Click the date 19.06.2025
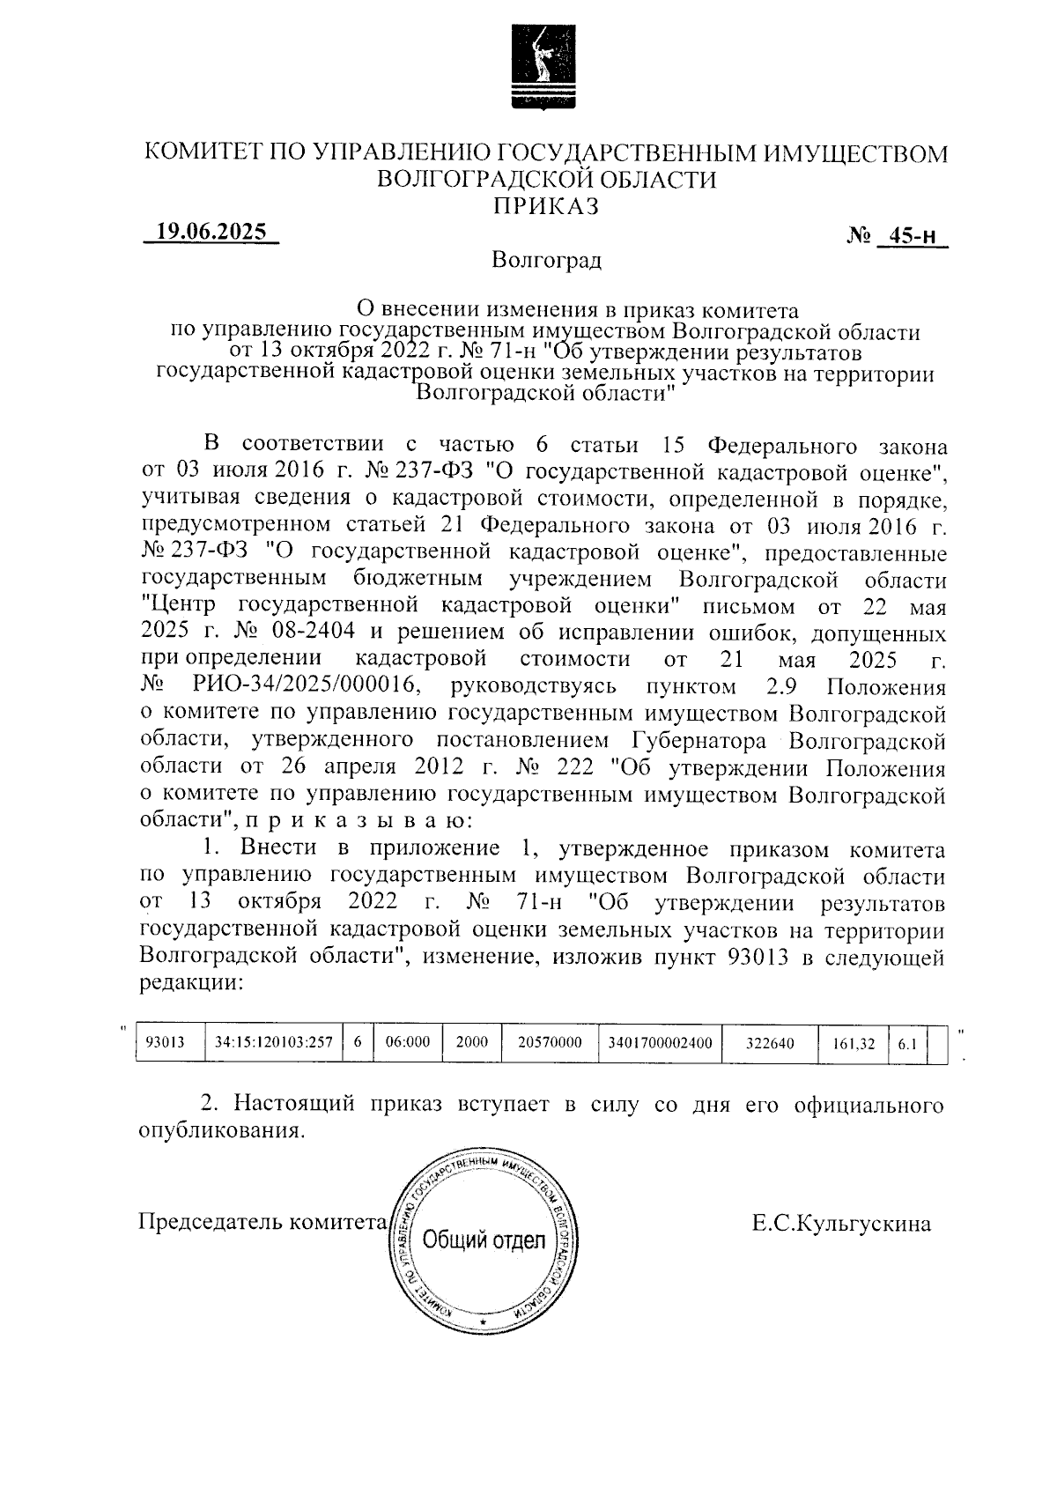point(211,232)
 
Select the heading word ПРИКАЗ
point(546,206)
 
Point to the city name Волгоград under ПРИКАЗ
point(547,261)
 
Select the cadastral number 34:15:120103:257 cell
point(273,1043)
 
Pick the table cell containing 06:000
point(408,1043)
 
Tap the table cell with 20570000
point(550,1043)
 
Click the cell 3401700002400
point(660,1043)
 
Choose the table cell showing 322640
point(770,1044)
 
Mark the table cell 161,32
point(854,1044)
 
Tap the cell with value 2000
point(472,1043)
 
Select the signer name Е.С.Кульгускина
point(841,1224)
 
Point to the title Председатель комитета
point(263,1223)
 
